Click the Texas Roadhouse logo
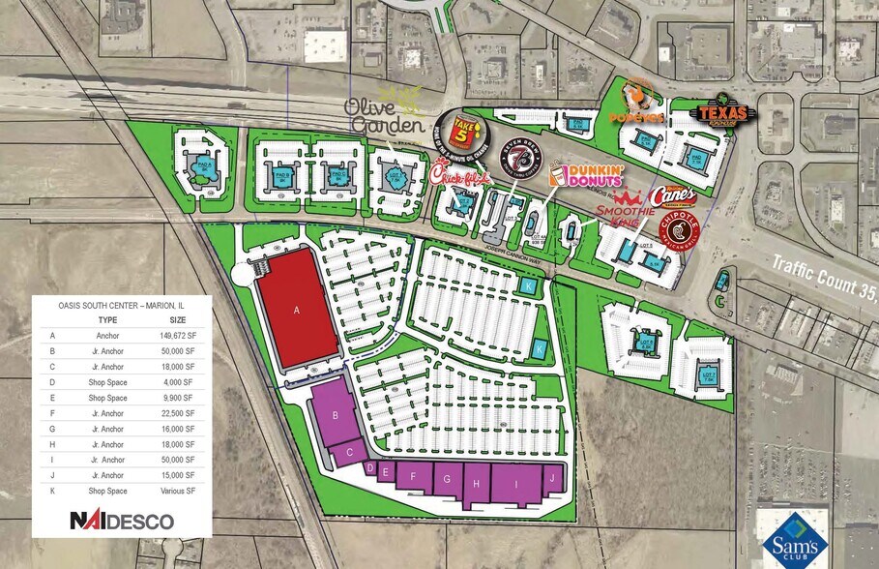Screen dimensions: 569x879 [721, 111]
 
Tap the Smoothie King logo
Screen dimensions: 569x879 [625, 204]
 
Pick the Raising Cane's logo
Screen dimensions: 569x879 [673, 195]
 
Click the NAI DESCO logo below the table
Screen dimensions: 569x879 [122, 521]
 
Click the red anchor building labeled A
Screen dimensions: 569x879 [298, 310]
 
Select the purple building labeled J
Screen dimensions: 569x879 [552, 478]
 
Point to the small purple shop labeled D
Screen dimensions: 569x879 [369, 468]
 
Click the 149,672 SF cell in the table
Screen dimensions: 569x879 [178, 336]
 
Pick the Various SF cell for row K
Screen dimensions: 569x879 [178, 491]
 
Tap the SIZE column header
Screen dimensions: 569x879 [178, 319]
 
